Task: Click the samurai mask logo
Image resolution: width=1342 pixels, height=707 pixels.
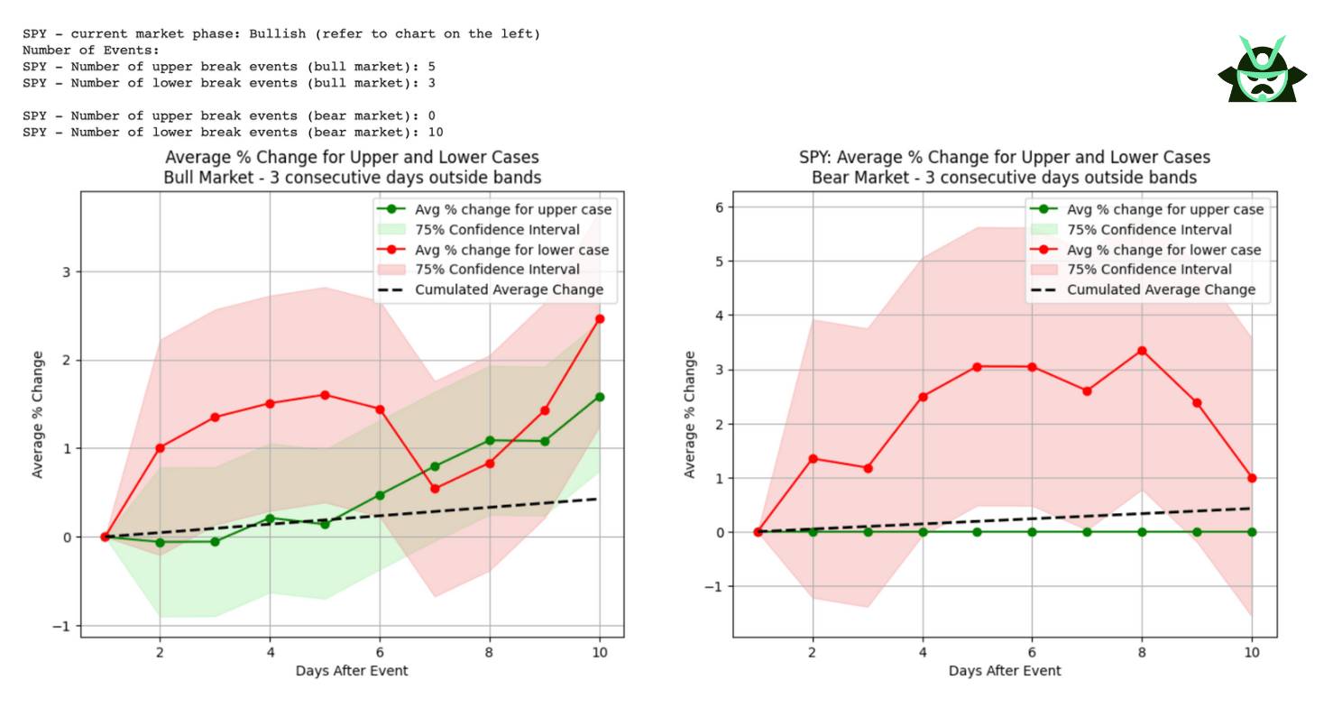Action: pyautogui.click(x=1262, y=70)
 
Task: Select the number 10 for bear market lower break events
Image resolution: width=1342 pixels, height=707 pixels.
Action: pyautogui.click(x=436, y=132)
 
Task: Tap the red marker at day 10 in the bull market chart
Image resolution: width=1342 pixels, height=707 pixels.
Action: pyautogui.click(x=600, y=318)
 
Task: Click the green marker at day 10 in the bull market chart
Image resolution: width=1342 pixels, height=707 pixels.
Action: pyautogui.click(x=600, y=397)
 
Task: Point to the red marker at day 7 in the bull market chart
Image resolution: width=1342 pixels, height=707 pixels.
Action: pyautogui.click(x=435, y=489)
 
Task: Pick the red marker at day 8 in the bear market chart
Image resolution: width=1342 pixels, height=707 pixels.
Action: pyautogui.click(x=1142, y=350)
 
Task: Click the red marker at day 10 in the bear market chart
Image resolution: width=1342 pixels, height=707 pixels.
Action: pyautogui.click(x=1252, y=478)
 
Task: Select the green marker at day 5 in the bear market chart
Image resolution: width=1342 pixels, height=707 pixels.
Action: pyautogui.click(x=977, y=532)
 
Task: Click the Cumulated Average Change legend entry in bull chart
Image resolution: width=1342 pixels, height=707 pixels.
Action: pyautogui.click(x=509, y=289)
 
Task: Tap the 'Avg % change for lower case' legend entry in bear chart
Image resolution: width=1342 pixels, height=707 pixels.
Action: pyautogui.click(x=1163, y=250)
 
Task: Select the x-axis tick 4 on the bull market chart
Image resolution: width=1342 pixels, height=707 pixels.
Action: pyautogui.click(x=270, y=651)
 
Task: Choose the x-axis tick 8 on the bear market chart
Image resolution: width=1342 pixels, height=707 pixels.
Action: pyautogui.click(x=1142, y=651)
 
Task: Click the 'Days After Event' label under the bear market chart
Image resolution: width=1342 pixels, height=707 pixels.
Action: pyautogui.click(x=1005, y=671)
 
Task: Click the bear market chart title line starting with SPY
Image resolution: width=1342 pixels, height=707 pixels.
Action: pyautogui.click(x=1005, y=157)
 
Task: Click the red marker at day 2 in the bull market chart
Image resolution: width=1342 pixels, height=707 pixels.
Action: pyautogui.click(x=160, y=448)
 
